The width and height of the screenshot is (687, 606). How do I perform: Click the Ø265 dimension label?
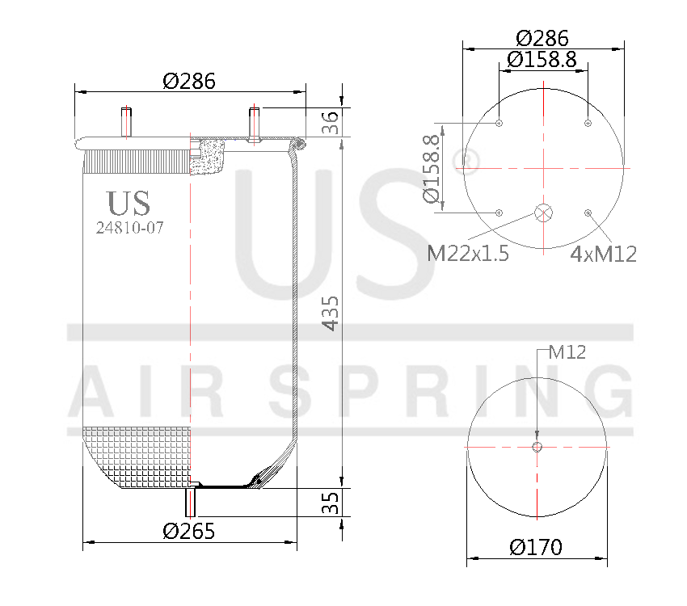click(188, 531)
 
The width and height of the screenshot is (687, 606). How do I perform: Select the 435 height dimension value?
click(331, 314)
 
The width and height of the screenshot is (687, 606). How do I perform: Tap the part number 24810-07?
click(129, 228)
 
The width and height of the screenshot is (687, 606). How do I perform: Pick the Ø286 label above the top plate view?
click(542, 38)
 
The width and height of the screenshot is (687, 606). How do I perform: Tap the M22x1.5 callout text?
click(468, 254)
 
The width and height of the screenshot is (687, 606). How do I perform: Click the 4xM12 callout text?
click(603, 254)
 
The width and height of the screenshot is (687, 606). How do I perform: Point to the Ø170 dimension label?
click(536, 547)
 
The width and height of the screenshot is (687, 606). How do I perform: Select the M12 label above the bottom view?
click(567, 351)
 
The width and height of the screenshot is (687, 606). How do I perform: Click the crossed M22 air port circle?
click(543, 213)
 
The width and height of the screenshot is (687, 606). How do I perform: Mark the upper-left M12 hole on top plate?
click(499, 124)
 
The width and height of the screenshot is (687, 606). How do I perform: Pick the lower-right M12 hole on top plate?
click(588, 213)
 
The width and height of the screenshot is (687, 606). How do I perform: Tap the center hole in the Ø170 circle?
click(537, 447)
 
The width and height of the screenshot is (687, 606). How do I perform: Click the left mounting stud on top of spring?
click(126, 123)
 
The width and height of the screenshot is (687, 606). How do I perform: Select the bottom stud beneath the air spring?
click(192, 501)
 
